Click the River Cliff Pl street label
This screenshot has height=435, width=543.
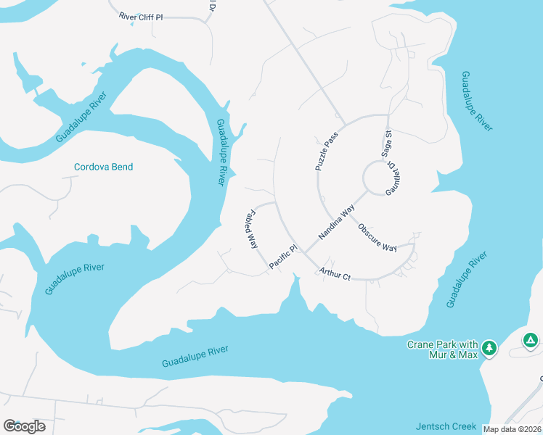151,16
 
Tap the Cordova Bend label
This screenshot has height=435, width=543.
104,167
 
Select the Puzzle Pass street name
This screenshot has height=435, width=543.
327,151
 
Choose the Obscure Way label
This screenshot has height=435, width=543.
377,237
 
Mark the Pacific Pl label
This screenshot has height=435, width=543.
283,258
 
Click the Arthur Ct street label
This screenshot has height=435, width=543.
335,274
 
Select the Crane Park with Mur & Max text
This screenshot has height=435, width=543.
442,349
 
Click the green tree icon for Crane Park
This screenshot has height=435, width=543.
490,349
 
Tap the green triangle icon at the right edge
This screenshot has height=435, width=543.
531,339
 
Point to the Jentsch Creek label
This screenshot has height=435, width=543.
446,426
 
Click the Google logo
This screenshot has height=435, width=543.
24,426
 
